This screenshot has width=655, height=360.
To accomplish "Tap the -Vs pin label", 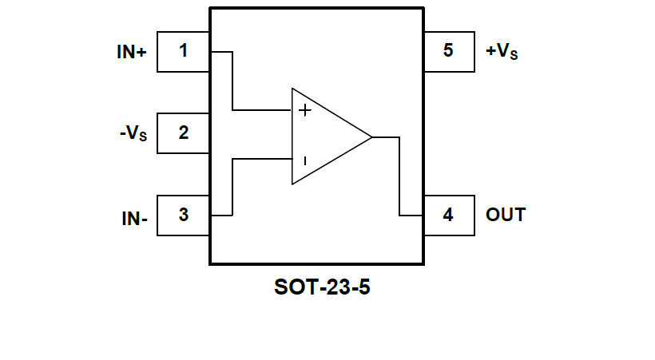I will tap(133, 134).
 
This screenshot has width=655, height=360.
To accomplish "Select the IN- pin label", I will tap(134, 218).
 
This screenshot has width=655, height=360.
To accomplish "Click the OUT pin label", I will tap(506, 215).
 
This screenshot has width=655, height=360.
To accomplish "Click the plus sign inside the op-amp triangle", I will tap(304, 110).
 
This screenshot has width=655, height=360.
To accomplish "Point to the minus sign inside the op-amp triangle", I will tap(304, 160).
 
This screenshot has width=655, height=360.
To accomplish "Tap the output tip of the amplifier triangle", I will tap(371, 136).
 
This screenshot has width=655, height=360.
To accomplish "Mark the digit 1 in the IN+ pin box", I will tap(184, 51).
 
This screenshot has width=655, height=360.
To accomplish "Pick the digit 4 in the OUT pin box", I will tap(448, 215).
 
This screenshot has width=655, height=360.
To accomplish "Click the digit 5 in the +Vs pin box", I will tap(448, 51).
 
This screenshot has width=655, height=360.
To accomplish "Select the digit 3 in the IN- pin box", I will tap(184, 215).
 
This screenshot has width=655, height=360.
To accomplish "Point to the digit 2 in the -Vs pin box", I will tap(184, 133).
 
